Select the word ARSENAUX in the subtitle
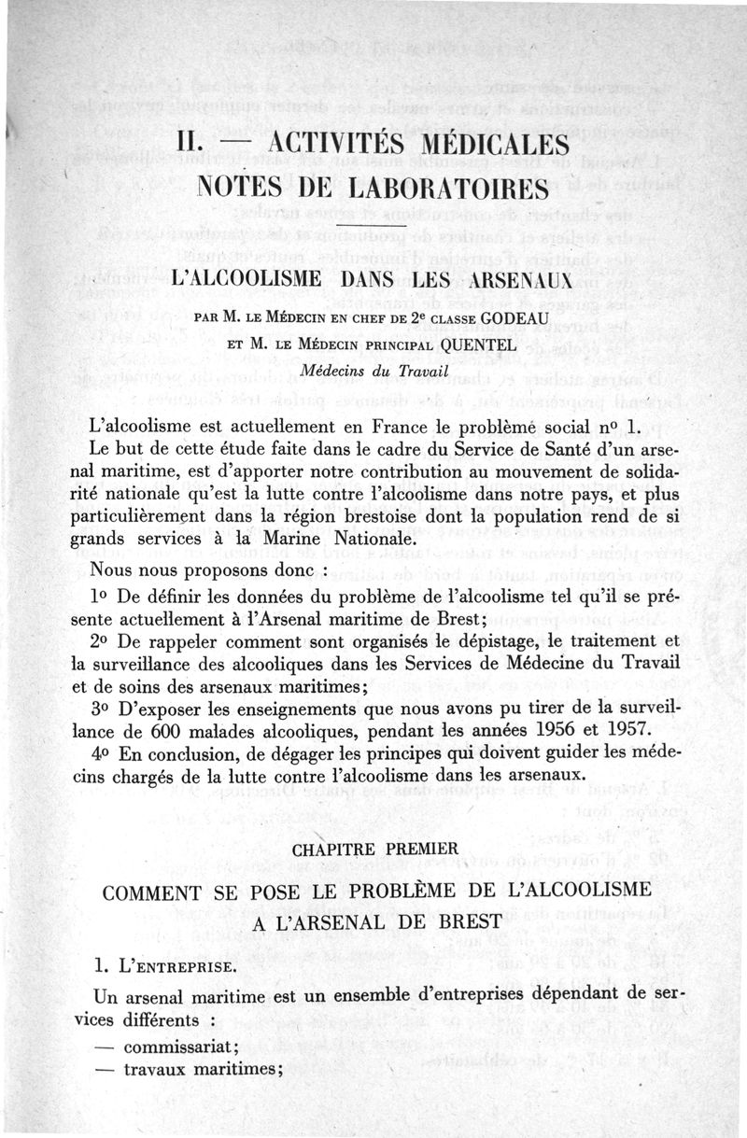[x=507, y=278]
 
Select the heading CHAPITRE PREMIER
[x=374, y=850]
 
